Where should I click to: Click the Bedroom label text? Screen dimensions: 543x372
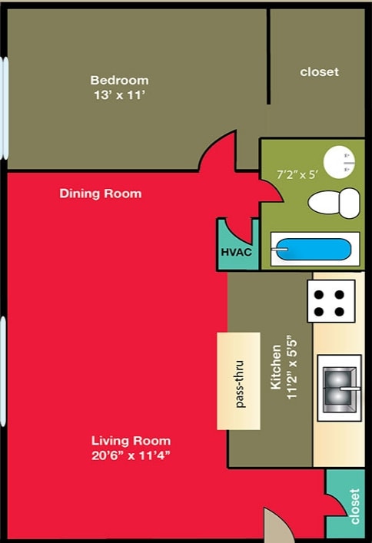(x=119, y=80)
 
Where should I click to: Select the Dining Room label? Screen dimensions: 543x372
(x=101, y=194)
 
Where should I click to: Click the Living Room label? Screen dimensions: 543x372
(x=131, y=441)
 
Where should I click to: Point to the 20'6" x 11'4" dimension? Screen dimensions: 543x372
(x=131, y=455)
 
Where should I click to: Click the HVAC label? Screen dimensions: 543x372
(x=237, y=252)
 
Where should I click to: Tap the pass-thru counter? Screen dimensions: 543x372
(x=240, y=381)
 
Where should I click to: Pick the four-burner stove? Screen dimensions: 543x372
(x=331, y=301)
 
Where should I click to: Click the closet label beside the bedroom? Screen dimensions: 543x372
(x=319, y=71)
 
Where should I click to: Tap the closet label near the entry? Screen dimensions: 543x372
(x=354, y=507)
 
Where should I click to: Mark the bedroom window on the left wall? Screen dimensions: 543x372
(x=5, y=108)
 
